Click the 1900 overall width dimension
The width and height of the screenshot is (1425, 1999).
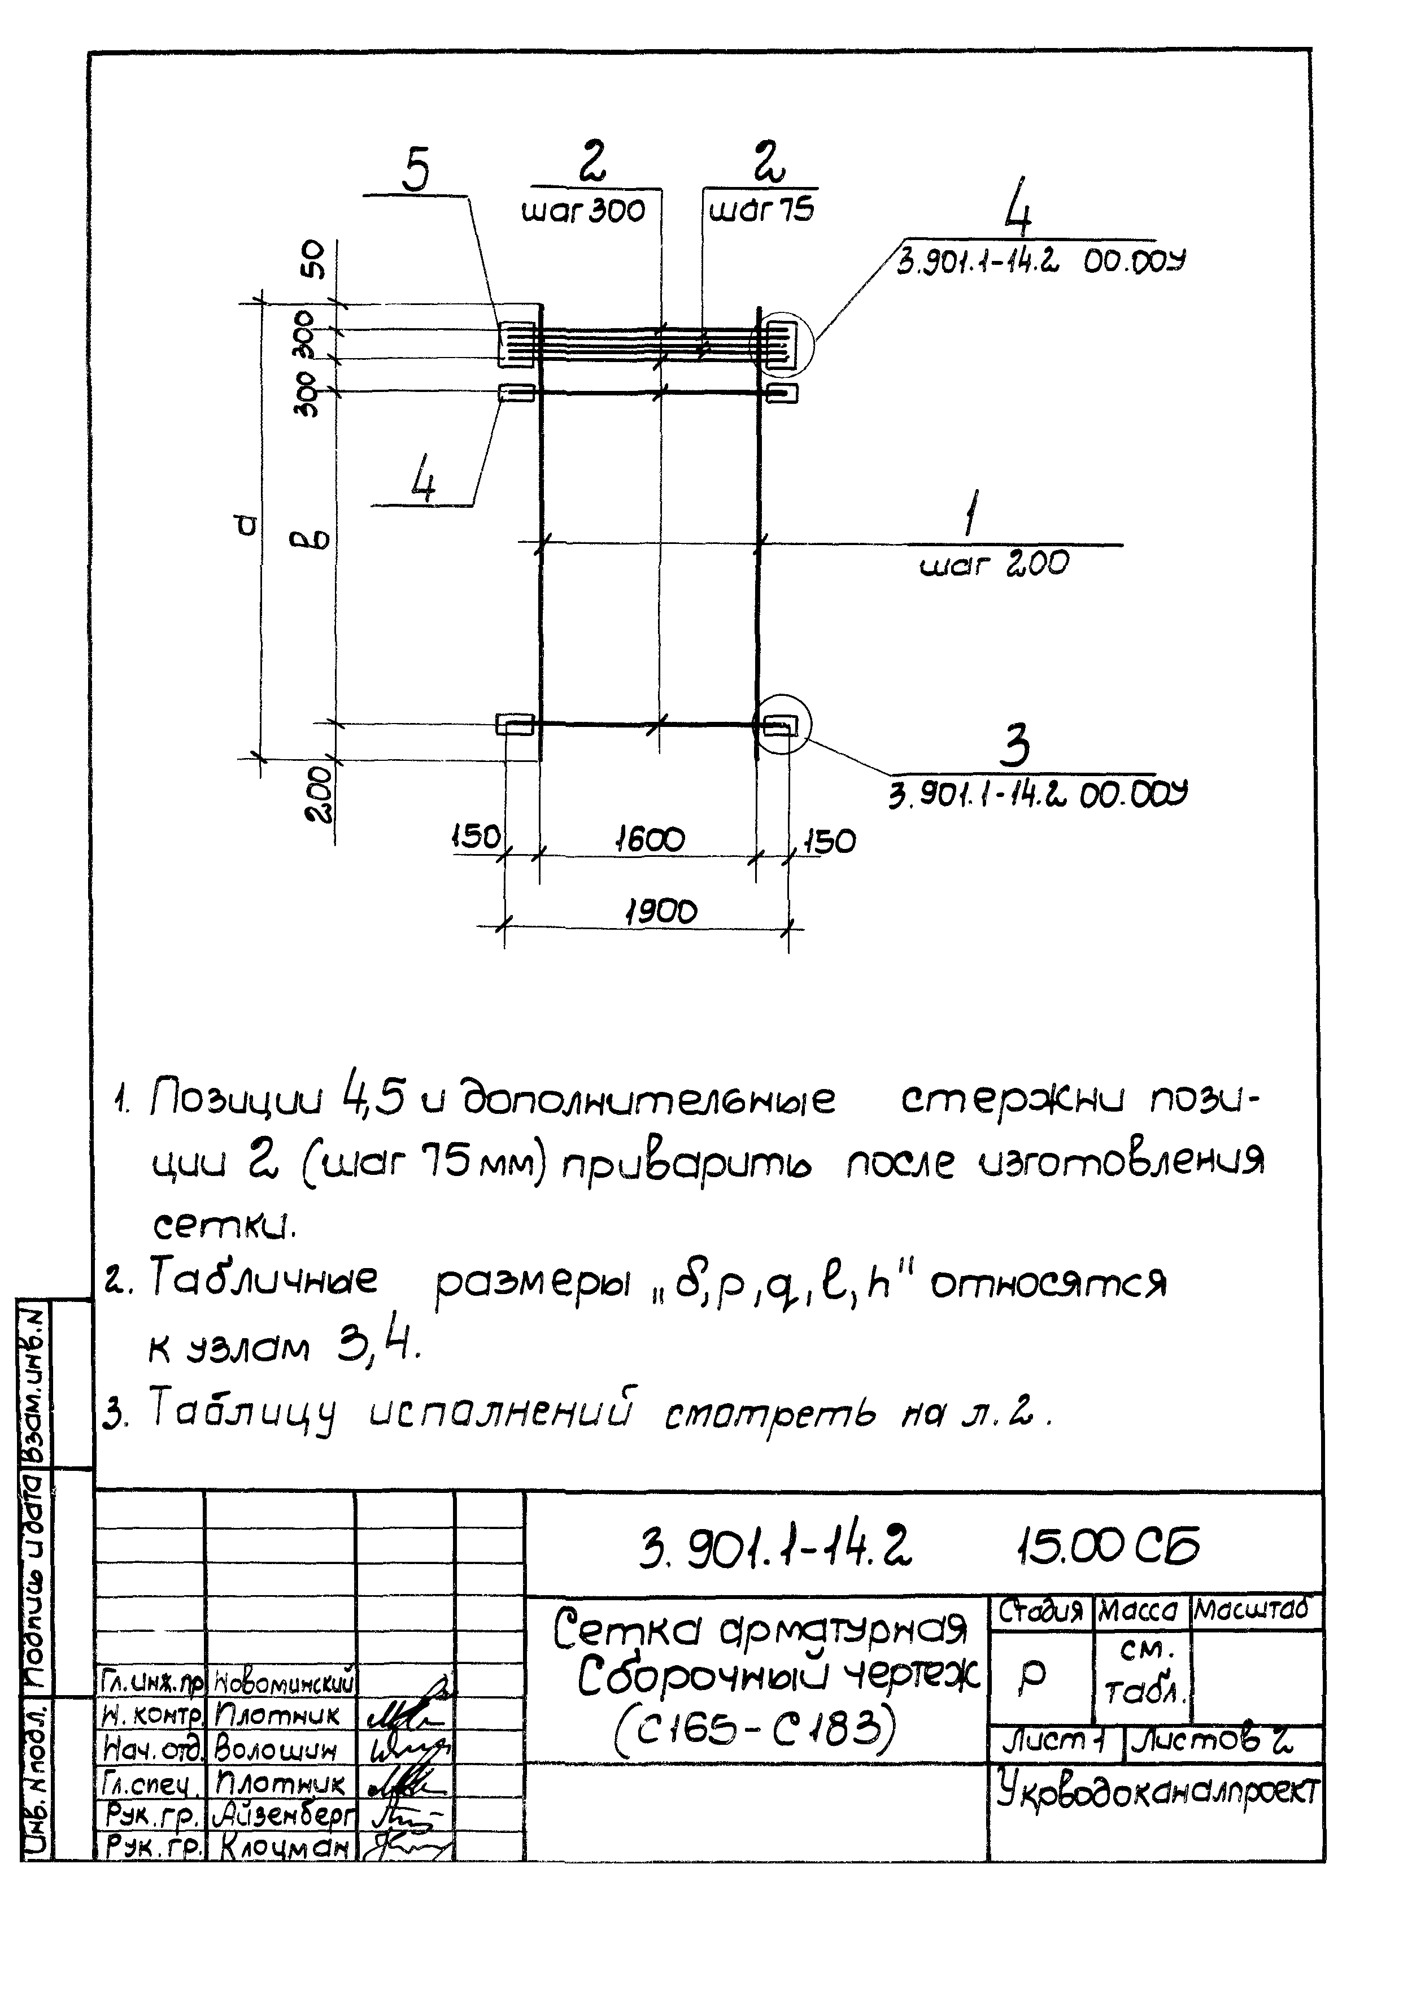coord(661,913)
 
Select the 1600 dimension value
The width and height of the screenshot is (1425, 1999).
coord(650,840)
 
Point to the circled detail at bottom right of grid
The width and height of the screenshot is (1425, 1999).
coord(783,724)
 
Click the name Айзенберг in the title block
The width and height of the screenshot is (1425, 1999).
coord(284,1813)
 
